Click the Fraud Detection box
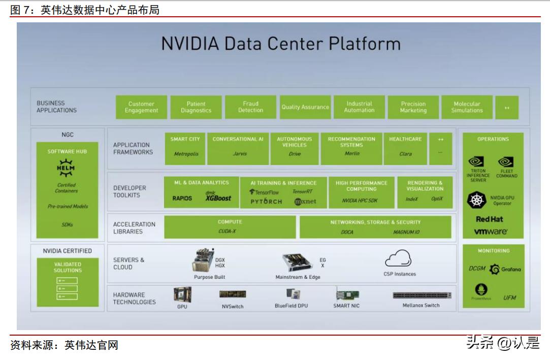(250, 107)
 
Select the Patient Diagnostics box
(196, 107)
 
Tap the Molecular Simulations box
(467, 107)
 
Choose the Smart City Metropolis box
(185, 148)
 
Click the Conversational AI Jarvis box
(238, 148)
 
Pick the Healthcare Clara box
(405, 148)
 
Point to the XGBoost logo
(218, 198)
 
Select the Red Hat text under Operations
(490, 219)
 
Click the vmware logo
(491, 232)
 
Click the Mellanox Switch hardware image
(422, 295)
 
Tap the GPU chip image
(182, 294)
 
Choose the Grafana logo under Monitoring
(505, 270)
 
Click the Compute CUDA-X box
(230, 227)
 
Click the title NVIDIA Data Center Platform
(281, 43)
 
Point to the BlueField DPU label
(291, 306)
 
